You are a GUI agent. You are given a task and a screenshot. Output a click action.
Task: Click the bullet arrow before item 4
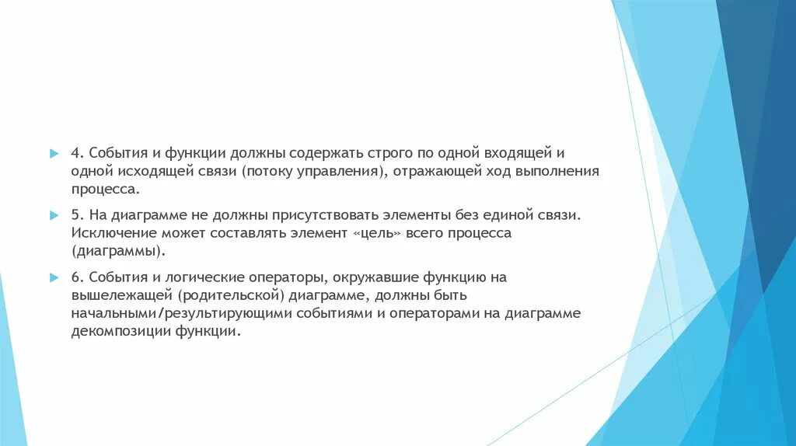point(54,152)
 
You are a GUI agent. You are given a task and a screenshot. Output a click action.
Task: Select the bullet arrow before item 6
point(54,277)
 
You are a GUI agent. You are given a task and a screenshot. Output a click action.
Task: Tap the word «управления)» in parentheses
point(337,170)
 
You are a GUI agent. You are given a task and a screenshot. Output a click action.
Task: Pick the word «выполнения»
point(556,170)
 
